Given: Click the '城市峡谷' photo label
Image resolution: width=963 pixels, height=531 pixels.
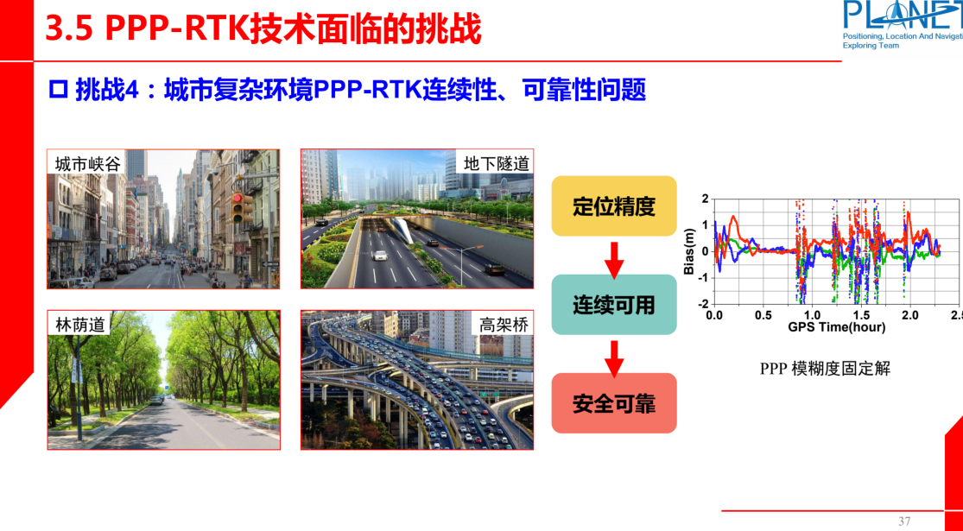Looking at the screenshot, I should pos(88,163).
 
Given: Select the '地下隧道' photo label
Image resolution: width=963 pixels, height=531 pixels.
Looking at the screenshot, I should pos(496,163).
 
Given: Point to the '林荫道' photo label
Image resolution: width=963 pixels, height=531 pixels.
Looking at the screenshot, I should pos(80,325).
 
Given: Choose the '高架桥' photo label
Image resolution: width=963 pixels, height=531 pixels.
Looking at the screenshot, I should pos(504,325).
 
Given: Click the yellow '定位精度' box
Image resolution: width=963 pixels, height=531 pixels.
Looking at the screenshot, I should pos(614,206).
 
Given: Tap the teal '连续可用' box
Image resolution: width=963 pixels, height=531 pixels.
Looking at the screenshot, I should pos(614,305).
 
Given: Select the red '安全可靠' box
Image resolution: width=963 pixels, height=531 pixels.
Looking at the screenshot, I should pos(614,403).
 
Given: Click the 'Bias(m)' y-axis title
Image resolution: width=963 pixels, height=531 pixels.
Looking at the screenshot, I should pos(689,251).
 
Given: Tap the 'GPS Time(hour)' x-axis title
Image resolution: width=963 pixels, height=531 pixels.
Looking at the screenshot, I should pos(836,327).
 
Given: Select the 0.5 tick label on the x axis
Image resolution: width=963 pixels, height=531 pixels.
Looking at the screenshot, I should pos(763,315).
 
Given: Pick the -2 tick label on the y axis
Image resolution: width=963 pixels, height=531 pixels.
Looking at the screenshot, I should pos(703,304).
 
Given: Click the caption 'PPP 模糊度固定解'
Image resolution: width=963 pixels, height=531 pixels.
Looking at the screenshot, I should pos(825,369).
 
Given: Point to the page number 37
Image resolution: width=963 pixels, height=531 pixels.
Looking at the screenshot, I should pos(904,522).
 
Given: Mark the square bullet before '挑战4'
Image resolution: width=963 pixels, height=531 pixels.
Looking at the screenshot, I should pos(59,91).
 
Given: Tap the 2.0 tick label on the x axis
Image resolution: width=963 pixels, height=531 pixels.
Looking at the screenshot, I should pos(909,315).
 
